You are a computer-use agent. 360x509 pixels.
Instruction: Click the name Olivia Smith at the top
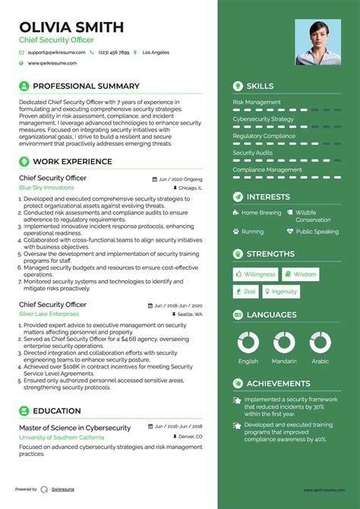click(71, 27)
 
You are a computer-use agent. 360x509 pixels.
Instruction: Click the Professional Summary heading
click(86, 87)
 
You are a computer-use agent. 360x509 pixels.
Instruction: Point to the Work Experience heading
click(72, 162)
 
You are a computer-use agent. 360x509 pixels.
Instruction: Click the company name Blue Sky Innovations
click(46, 188)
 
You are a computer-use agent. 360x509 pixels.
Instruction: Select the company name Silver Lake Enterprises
click(50, 314)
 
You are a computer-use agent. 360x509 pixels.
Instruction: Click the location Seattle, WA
click(190, 314)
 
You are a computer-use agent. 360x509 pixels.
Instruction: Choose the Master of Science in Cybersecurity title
click(75, 428)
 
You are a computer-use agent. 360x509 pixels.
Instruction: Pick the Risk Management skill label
click(257, 102)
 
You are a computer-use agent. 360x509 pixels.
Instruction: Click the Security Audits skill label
click(253, 153)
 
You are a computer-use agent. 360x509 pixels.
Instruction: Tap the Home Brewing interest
click(261, 213)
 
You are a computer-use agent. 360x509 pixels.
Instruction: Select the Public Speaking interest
click(317, 232)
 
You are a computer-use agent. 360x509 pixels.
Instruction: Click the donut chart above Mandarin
click(284, 343)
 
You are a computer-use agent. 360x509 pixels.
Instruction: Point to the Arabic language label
click(320, 362)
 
